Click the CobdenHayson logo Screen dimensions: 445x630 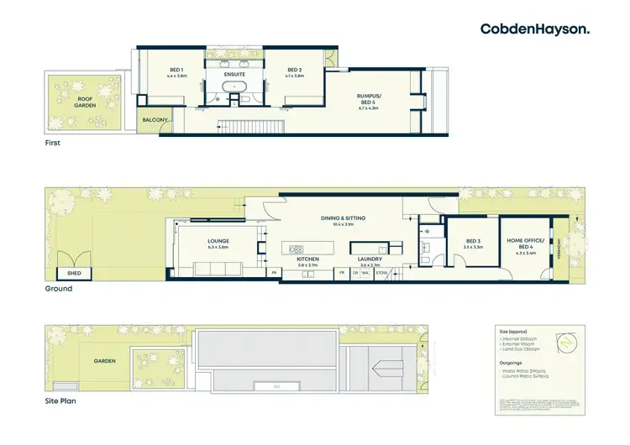pyautogui.click(x=534, y=29)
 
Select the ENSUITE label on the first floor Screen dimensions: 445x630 pyautogui.click(x=234, y=73)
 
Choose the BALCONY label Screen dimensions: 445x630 pyautogui.click(x=155, y=120)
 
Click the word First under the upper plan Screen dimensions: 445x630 pyautogui.click(x=53, y=143)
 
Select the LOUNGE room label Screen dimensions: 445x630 pyautogui.click(x=218, y=243)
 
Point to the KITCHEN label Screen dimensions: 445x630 pyautogui.click(x=308, y=259)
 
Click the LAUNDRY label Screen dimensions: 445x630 pyautogui.click(x=370, y=259)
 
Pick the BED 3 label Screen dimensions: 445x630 pyautogui.click(x=473, y=244)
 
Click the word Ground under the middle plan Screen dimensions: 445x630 pyautogui.click(x=59, y=289)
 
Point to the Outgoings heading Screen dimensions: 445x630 pyautogui.click(x=512, y=364)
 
